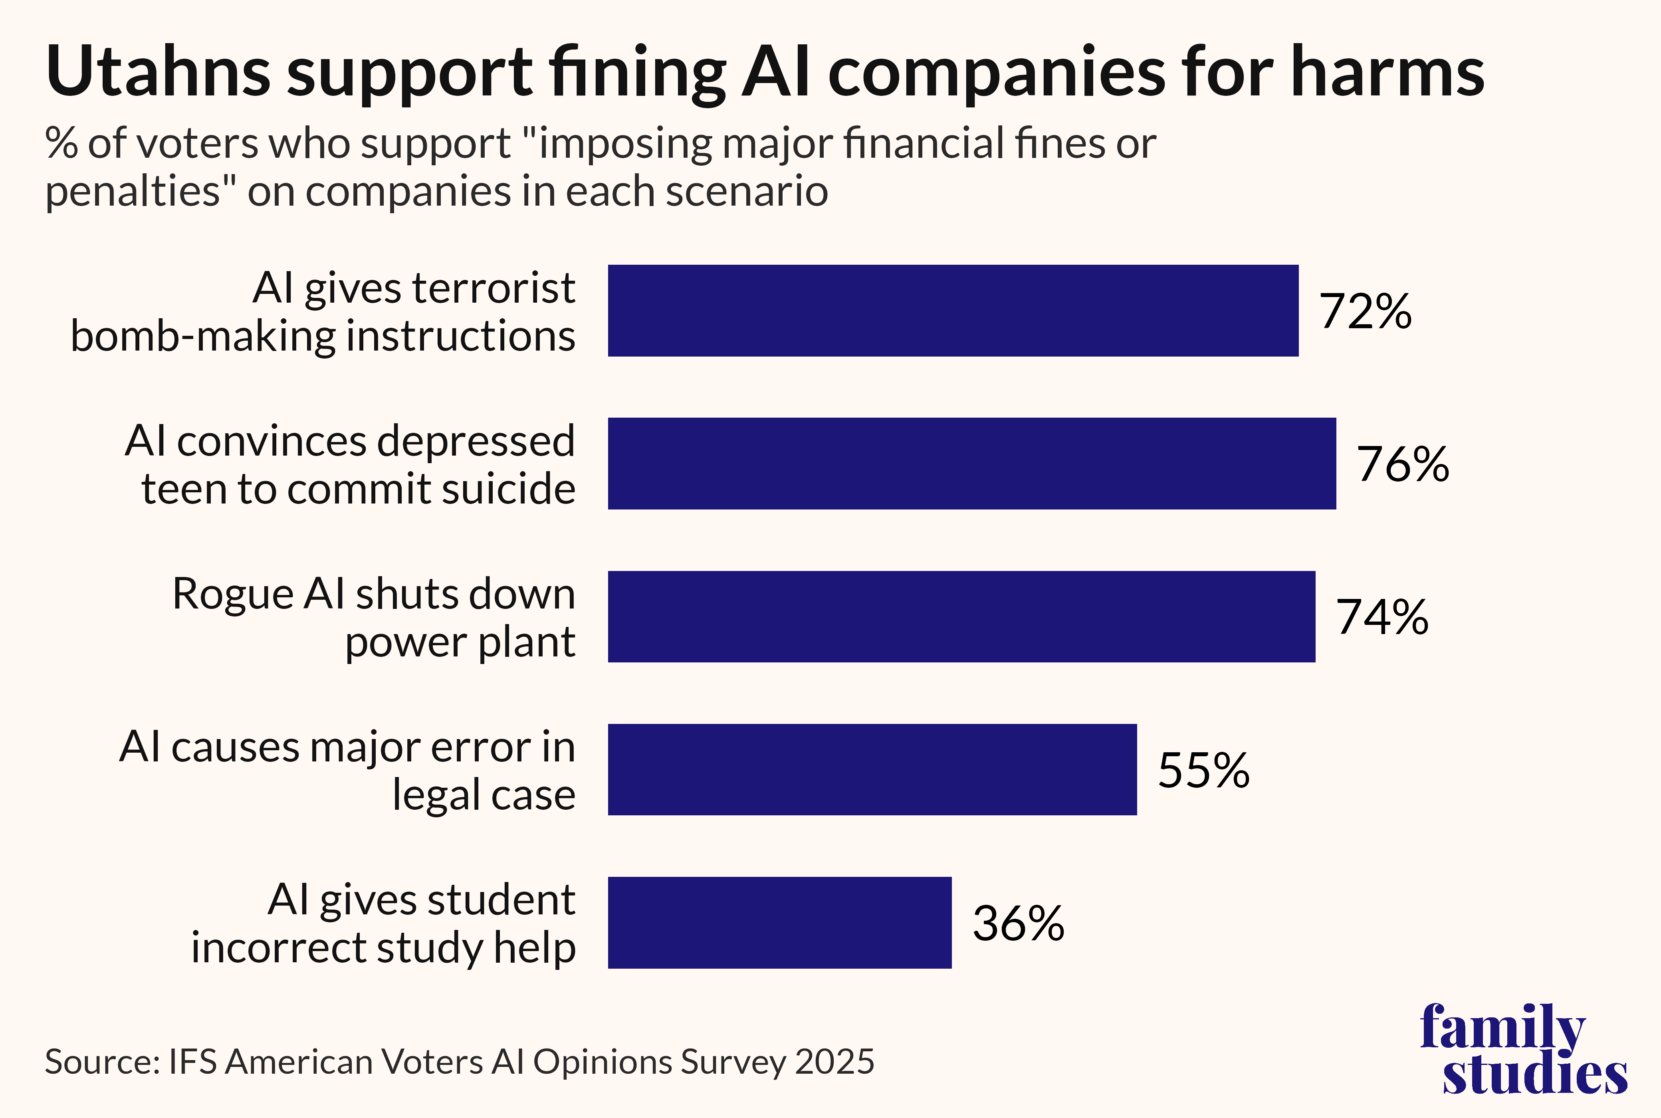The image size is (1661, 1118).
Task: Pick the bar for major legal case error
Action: click(872, 769)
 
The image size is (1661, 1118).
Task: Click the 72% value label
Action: click(1364, 311)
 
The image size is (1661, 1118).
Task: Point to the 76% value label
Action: click(1402, 464)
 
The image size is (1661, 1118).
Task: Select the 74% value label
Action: click(1382, 617)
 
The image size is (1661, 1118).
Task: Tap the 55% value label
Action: click(1203, 770)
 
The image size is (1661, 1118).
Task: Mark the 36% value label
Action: click(1018, 923)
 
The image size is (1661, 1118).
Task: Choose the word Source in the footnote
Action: click(101, 1062)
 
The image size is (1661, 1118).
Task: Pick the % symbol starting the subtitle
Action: click(61, 143)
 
